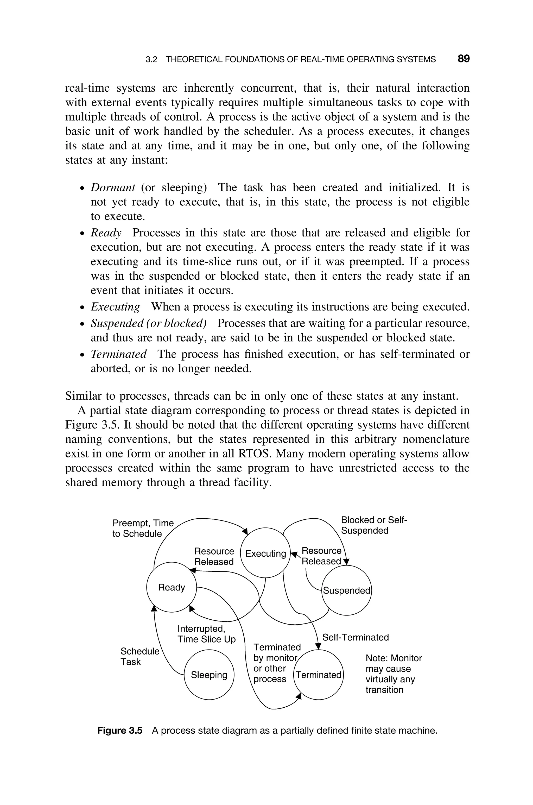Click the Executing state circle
(x=265, y=553)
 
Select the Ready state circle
(x=172, y=587)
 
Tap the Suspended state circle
(x=346, y=590)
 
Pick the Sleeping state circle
(x=209, y=675)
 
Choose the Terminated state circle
(x=319, y=675)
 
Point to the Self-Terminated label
(x=355, y=637)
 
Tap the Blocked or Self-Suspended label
(x=373, y=525)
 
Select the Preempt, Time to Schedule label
(x=143, y=528)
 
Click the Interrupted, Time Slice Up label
(x=206, y=634)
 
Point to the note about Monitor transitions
(x=393, y=674)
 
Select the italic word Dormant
(x=113, y=188)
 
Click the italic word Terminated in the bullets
(x=119, y=354)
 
